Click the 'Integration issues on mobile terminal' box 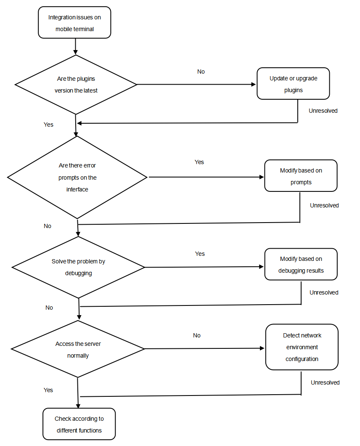tap(74, 23)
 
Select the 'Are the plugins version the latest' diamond tap(76, 85)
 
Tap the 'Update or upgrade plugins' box tap(293, 84)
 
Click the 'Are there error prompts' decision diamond tap(77, 178)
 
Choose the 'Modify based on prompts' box tap(301, 176)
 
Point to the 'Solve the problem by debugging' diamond tap(78, 267)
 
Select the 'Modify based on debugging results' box tap(301, 264)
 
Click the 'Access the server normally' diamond tap(78, 349)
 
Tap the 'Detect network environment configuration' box tap(302, 347)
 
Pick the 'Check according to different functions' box tap(79, 424)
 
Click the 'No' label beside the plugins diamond tap(201, 72)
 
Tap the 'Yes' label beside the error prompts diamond tap(199, 162)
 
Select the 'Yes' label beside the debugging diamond tap(200, 254)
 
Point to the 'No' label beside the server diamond tap(197, 335)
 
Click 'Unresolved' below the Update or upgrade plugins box tap(323, 111)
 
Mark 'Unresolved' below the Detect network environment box tap(325, 382)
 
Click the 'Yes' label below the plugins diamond tap(48, 125)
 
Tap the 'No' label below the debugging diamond tap(49, 308)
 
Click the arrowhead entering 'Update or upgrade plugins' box tap(254, 84)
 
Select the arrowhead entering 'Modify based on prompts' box tap(262, 177)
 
